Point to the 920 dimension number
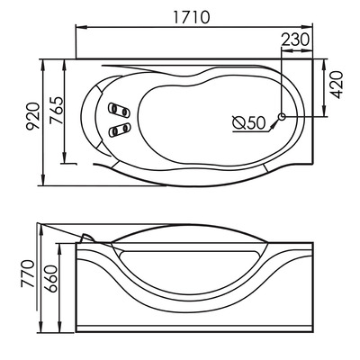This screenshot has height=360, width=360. [x=32, y=117]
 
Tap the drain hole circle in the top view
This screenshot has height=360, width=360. [x=283, y=116]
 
